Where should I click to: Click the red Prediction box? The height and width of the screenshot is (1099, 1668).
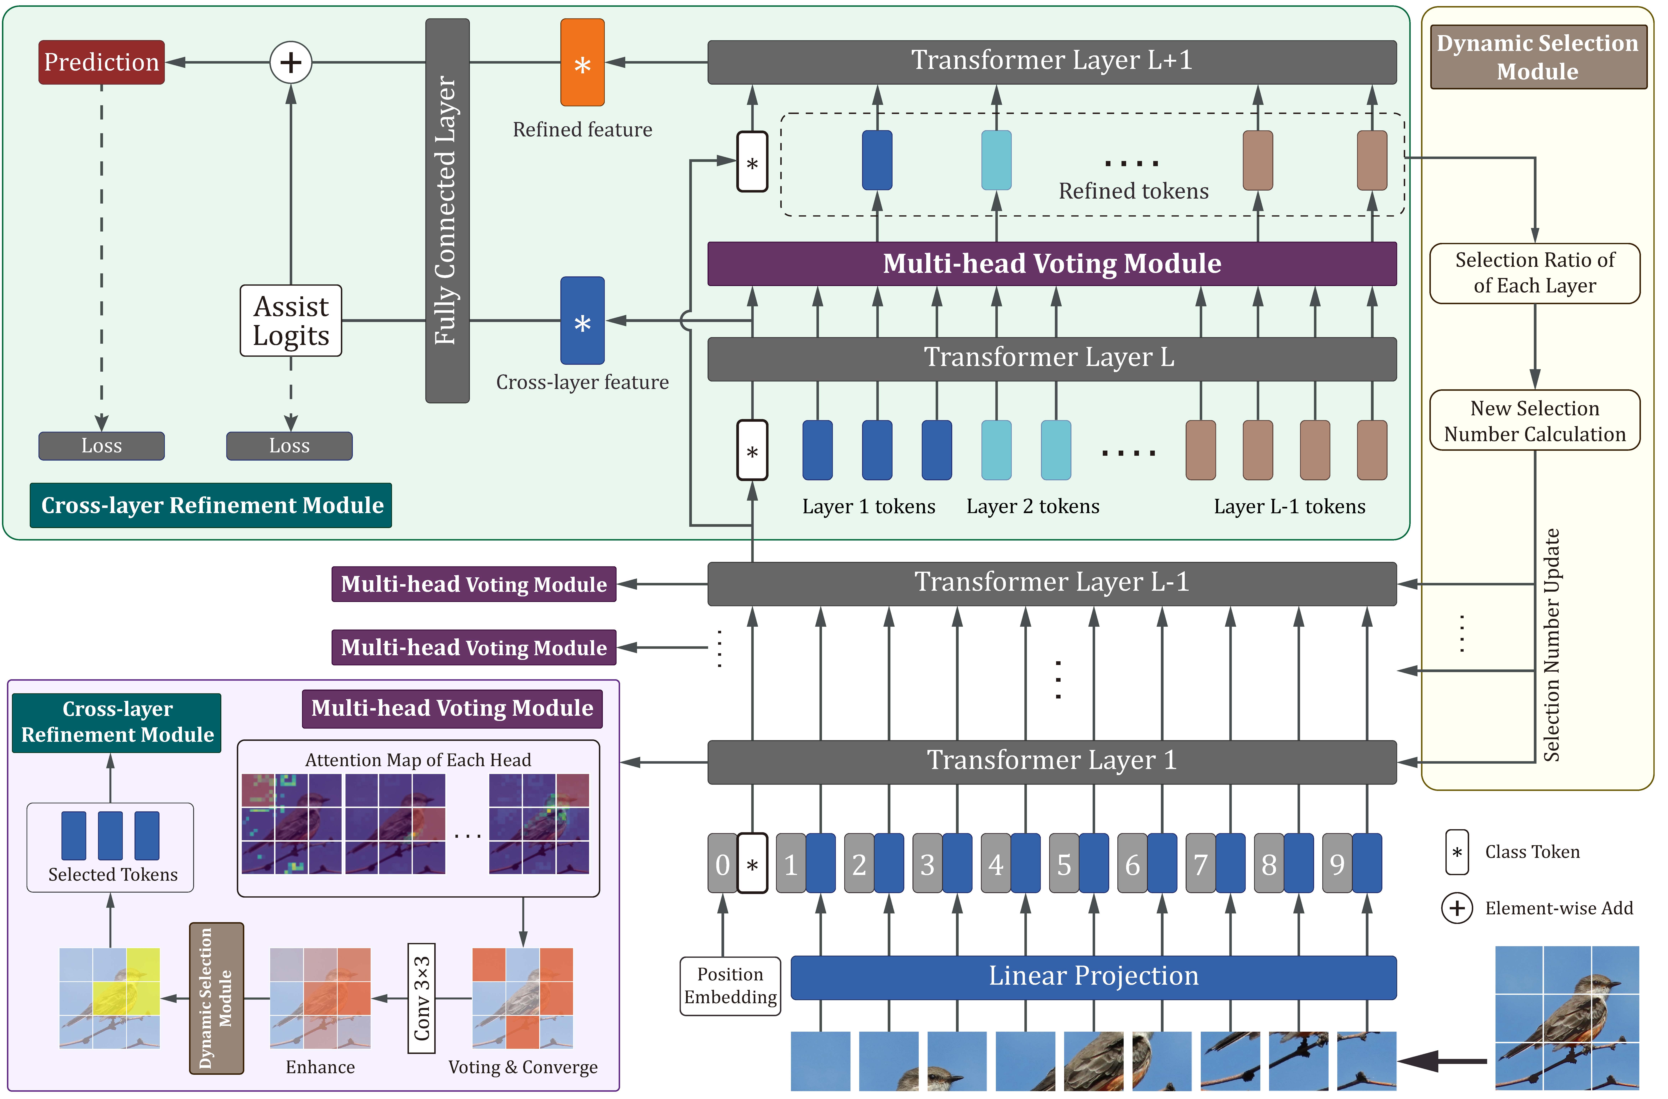(102, 62)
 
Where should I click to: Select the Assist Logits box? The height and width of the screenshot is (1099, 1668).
(291, 321)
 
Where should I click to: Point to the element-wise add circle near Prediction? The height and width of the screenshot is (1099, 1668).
(291, 62)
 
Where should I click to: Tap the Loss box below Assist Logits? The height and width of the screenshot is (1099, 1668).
(290, 446)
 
